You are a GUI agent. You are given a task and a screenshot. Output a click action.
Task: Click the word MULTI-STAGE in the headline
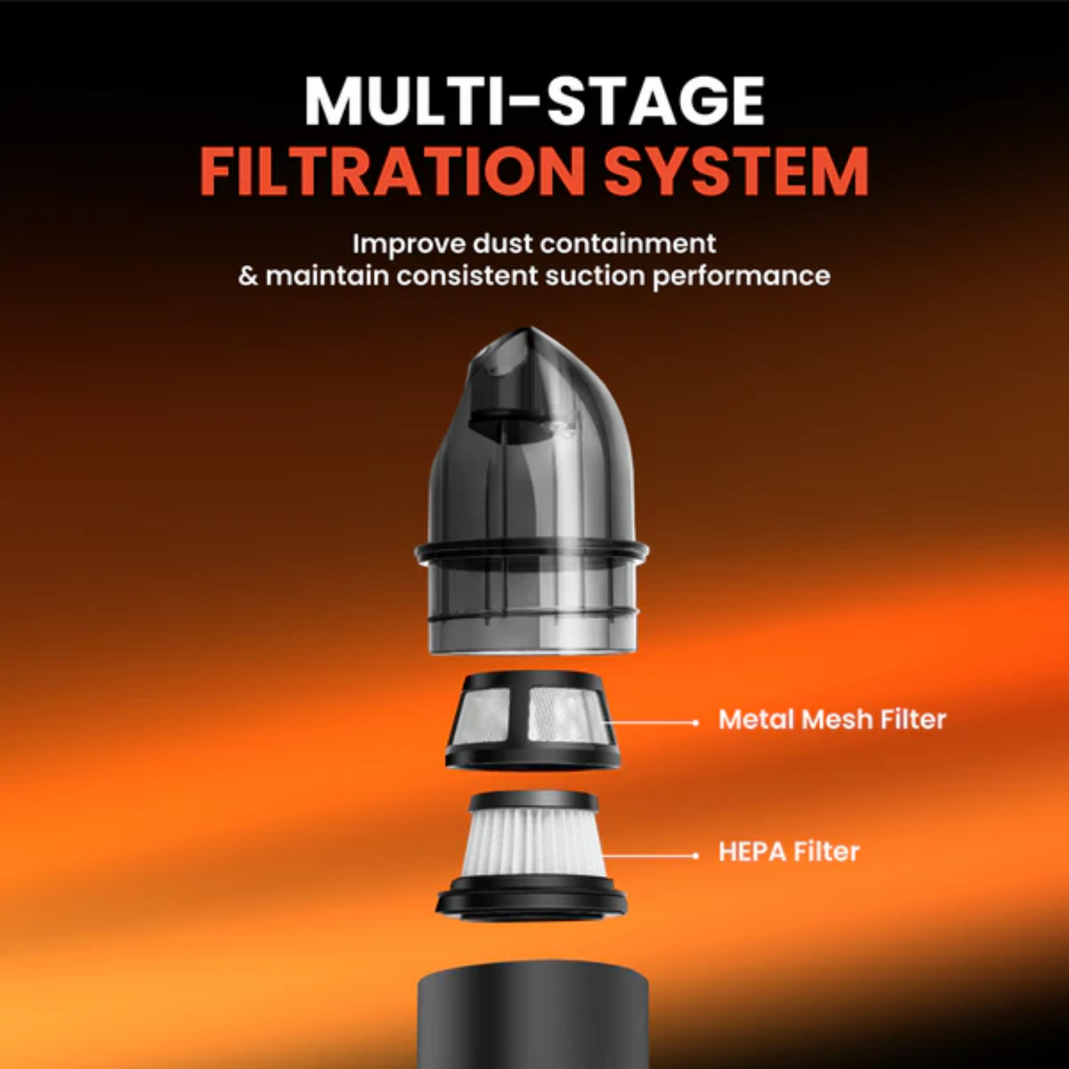534,102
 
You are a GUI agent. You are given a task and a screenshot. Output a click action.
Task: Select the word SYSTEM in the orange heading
737,172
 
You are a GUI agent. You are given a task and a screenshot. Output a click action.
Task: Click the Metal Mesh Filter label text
832,719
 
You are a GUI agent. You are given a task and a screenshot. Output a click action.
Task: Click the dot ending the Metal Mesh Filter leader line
695,722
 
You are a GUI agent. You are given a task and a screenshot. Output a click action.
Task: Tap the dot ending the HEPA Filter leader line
695,856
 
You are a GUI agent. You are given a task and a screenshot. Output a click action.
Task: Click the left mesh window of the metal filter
486,716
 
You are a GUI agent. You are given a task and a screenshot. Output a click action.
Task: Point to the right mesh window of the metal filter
566,716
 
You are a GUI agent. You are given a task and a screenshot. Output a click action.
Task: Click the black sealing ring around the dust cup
532,552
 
